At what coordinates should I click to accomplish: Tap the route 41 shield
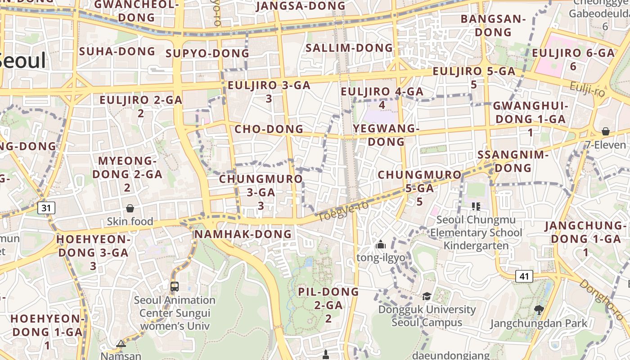(x=524, y=276)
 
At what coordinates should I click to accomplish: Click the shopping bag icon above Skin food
(x=130, y=208)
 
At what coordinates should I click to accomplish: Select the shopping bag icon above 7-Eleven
(x=606, y=131)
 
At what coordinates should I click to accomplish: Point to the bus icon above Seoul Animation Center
(x=175, y=286)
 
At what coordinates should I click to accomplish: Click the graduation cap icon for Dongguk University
(x=426, y=296)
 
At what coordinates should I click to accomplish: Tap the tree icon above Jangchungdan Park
(x=539, y=310)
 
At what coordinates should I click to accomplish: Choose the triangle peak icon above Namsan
(x=121, y=344)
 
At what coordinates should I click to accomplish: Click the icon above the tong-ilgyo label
(x=381, y=245)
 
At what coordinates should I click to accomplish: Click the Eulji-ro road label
(x=587, y=89)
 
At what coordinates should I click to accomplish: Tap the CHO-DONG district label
(x=269, y=129)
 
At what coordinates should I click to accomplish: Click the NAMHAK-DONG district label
(x=243, y=234)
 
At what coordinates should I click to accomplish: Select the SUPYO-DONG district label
(x=207, y=54)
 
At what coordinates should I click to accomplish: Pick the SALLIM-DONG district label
(x=349, y=48)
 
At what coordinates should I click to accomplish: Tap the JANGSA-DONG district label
(x=301, y=6)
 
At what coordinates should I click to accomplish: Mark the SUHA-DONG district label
(x=117, y=51)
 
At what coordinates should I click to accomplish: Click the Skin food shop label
(x=130, y=221)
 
